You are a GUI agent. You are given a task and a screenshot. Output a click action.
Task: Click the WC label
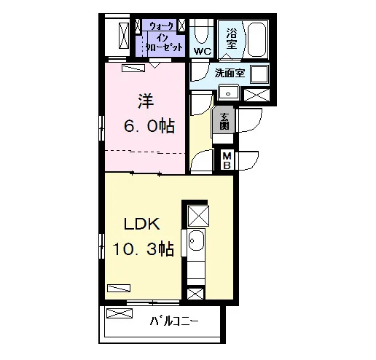coord(203,52)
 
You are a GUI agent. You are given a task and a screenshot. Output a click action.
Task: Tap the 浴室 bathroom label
coord(232,39)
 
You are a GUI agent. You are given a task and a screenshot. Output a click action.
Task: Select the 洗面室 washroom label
coord(230,73)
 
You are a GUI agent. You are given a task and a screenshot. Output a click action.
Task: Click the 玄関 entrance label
coord(224,122)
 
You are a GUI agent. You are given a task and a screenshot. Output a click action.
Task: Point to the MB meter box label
coord(227,160)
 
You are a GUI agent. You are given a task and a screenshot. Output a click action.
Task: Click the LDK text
coord(142,224)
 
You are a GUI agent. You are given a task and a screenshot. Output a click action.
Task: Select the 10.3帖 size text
coord(144,249)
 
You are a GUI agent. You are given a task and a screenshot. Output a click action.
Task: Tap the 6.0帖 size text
coord(149,126)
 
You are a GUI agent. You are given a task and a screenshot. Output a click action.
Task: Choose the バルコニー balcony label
coord(174,321)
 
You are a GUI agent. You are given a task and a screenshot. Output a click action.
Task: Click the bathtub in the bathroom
coord(256,40)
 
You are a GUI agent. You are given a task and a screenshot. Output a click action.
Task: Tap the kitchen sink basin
coord(196,240)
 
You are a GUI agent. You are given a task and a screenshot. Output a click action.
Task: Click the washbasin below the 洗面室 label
coord(228,93)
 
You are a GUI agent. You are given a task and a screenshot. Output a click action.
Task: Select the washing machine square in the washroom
coord(259,74)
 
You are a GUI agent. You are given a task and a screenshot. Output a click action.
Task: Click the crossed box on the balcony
coord(120,313)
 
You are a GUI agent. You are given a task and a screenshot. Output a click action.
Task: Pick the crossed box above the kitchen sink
coord(198,216)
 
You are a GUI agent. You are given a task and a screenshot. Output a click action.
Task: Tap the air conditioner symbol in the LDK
coord(119,288)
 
